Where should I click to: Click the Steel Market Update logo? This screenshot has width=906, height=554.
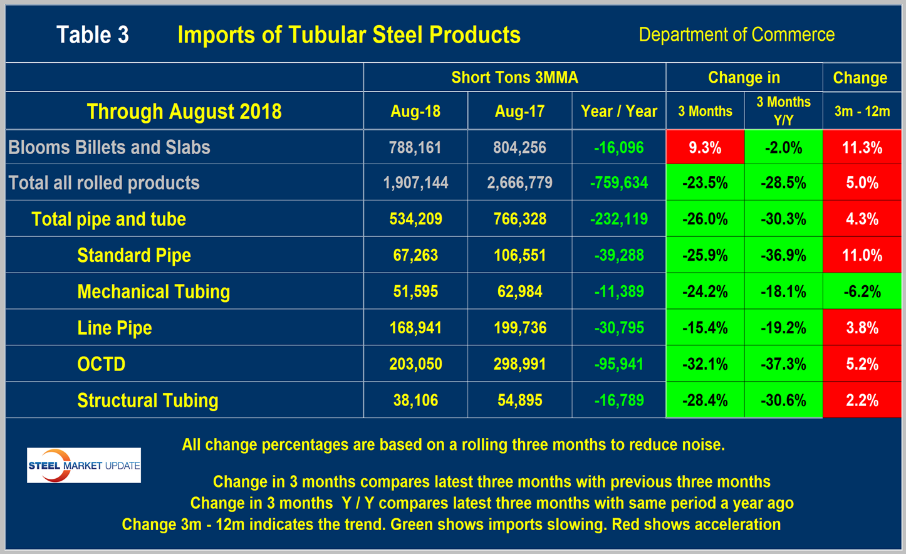coord(84,465)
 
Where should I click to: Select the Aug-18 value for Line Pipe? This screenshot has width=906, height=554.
coord(415,328)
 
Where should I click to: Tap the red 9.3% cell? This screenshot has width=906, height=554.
coord(705,147)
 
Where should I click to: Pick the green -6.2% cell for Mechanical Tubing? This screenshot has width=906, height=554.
coord(862,291)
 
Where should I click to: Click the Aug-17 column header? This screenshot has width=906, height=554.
coord(519,112)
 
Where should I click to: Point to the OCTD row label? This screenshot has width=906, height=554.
coord(102,364)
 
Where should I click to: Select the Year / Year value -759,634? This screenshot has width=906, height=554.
coord(619,183)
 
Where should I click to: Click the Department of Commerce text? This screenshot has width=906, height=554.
coord(736,34)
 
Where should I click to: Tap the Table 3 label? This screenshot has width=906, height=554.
coord(93,34)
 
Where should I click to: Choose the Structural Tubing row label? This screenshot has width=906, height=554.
coord(148,400)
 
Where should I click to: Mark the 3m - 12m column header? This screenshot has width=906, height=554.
coord(862,112)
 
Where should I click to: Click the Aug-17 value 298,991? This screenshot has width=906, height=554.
coord(519,364)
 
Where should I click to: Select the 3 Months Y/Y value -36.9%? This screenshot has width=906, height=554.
coord(783,255)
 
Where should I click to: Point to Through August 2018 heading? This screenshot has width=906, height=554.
coord(184,112)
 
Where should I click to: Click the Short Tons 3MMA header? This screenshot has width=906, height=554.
coord(514,78)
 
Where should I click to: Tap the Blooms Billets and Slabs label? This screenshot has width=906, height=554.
coord(109,147)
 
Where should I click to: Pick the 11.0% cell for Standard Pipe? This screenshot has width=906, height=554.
coord(862,255)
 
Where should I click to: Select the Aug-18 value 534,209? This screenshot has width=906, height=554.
coord(415,219)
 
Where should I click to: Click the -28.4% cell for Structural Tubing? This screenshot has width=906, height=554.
coord(705,400)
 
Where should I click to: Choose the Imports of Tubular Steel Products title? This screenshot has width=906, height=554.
coord(349,34)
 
